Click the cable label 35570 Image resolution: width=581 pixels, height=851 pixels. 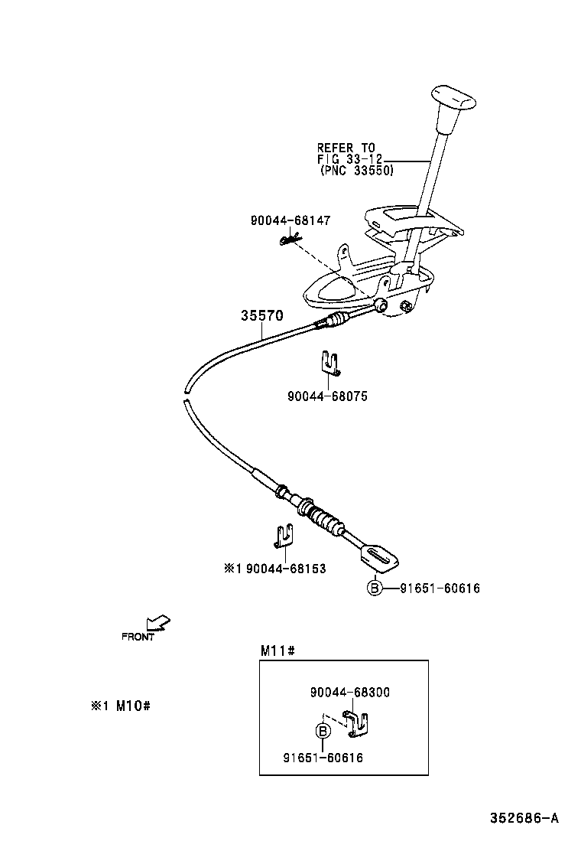point(262,315)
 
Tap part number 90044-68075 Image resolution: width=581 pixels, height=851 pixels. point(327,396)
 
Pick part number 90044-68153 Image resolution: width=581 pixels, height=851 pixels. point(286,569)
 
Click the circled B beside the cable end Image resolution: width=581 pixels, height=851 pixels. point(374,588)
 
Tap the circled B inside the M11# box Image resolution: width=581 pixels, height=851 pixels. point(323,732)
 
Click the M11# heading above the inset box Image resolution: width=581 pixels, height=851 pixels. point(278,650)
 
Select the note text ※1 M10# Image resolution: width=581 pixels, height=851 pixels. point(120,706)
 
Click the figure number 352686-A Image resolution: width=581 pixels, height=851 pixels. point(524,818)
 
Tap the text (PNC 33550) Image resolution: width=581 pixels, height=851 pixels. point(356,171)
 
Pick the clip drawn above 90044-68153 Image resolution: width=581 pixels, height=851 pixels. point(284,535)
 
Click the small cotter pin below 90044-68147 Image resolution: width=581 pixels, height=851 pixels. point(288,241)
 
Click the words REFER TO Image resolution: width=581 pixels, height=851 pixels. point(346,147)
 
